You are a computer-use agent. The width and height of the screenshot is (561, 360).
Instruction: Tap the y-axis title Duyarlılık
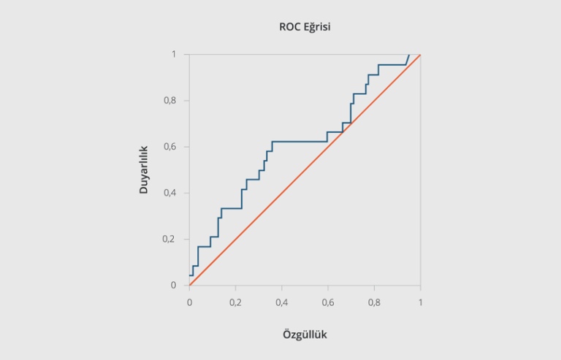pos(145,169)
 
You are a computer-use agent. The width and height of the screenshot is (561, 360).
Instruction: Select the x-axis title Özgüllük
pos(305,334)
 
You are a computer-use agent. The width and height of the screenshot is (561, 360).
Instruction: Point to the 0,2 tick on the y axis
pos(169,240)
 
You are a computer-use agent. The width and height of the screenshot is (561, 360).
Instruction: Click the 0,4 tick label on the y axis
pos(169,193)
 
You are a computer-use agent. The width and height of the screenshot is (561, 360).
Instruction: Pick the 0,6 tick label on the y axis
pos(169,147)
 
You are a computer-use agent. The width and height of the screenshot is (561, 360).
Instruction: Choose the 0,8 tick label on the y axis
pos(169,100)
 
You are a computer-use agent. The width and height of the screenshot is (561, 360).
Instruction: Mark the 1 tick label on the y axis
pos(174,54)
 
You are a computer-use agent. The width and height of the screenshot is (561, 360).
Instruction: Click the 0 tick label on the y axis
pos(174,286)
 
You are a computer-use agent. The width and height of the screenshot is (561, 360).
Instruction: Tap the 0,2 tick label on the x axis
pos(235,302)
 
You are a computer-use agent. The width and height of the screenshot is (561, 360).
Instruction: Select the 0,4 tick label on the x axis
pos(282,302)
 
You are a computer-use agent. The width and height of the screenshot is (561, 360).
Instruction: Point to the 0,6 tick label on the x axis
pos(328,302)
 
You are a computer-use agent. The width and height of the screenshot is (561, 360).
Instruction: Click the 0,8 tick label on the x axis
pos(374,302)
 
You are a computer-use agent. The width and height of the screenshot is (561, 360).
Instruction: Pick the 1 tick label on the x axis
pos(421,302)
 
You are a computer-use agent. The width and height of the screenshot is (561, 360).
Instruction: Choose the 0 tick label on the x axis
pos(189,302)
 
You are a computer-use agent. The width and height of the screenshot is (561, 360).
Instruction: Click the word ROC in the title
pos(290,27)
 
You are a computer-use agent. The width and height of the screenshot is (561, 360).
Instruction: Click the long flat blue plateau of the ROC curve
pos(299,141)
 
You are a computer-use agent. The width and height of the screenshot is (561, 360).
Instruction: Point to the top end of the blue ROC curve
pos(408,55)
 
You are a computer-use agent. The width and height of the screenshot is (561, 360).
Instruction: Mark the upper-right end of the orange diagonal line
pos(420,55)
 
